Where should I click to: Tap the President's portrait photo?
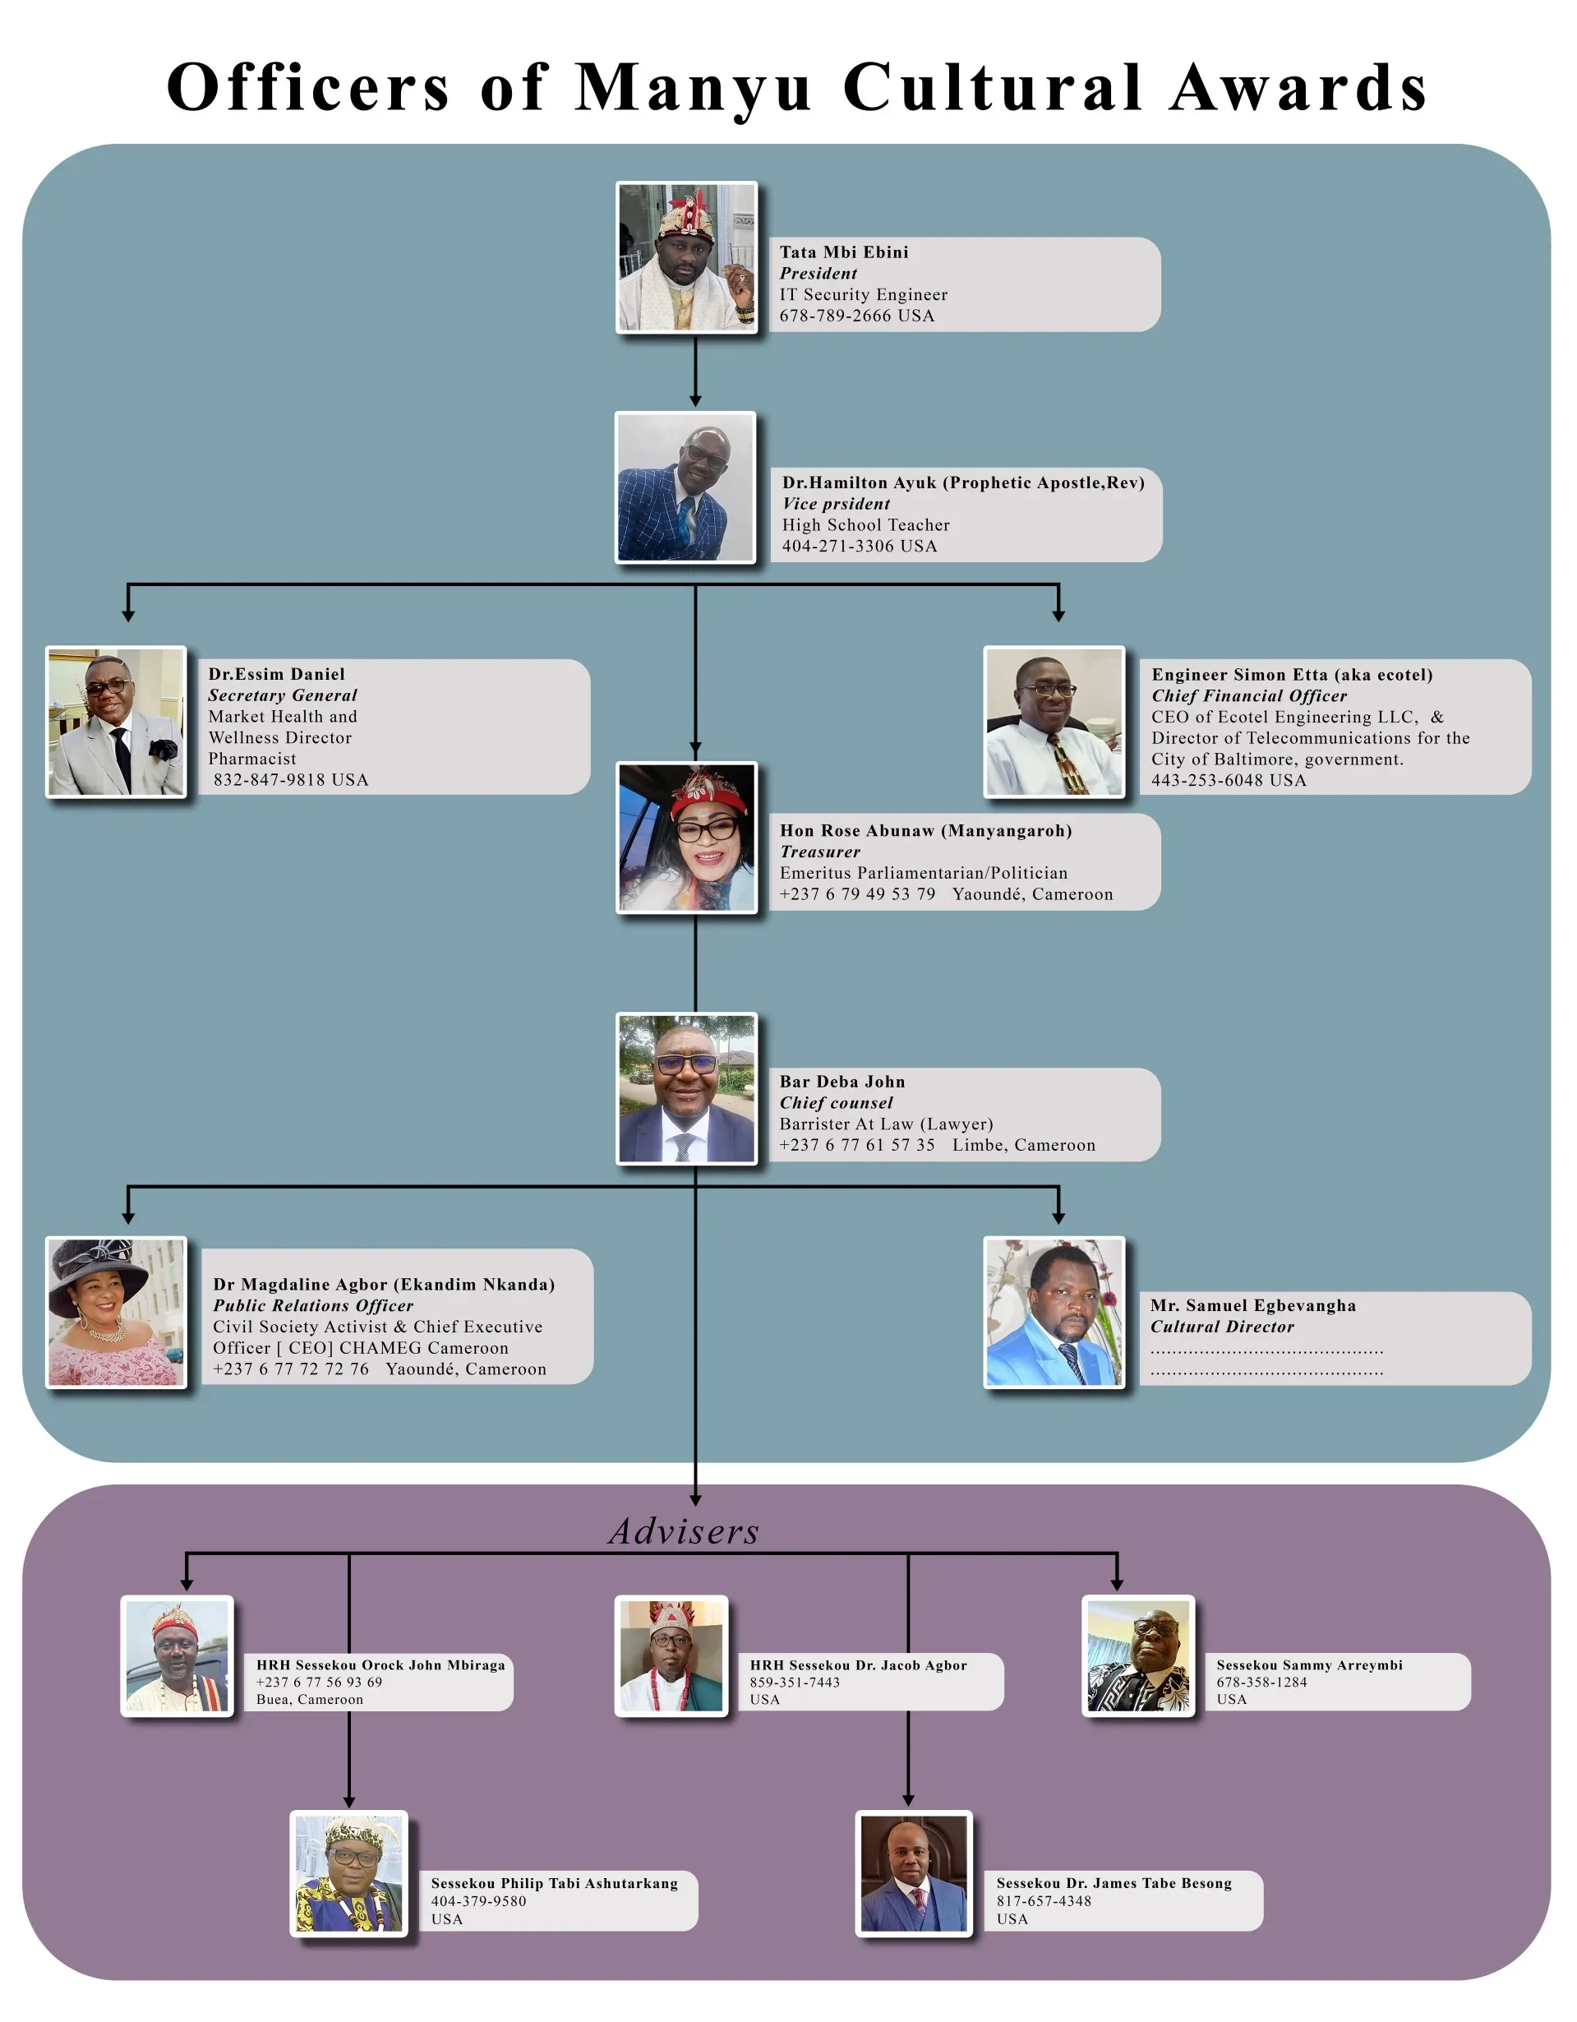point(687,256)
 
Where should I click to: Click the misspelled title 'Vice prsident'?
point(836,504)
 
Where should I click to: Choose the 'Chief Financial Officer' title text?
point(1248,696)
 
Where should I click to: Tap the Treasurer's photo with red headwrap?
point(687,837)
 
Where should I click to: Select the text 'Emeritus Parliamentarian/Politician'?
point(923,873)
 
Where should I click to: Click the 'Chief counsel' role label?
point(836,1103)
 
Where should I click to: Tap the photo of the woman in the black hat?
point(117,1312)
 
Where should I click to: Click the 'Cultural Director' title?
point(1222,1327)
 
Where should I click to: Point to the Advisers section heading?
point(684,1532)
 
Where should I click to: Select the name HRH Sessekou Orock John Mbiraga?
point(380,1665)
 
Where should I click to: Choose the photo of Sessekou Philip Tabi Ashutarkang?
point(350,1874)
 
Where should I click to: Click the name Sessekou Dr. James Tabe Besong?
point(1114,1883)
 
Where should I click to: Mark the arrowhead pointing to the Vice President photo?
point(695,400)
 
